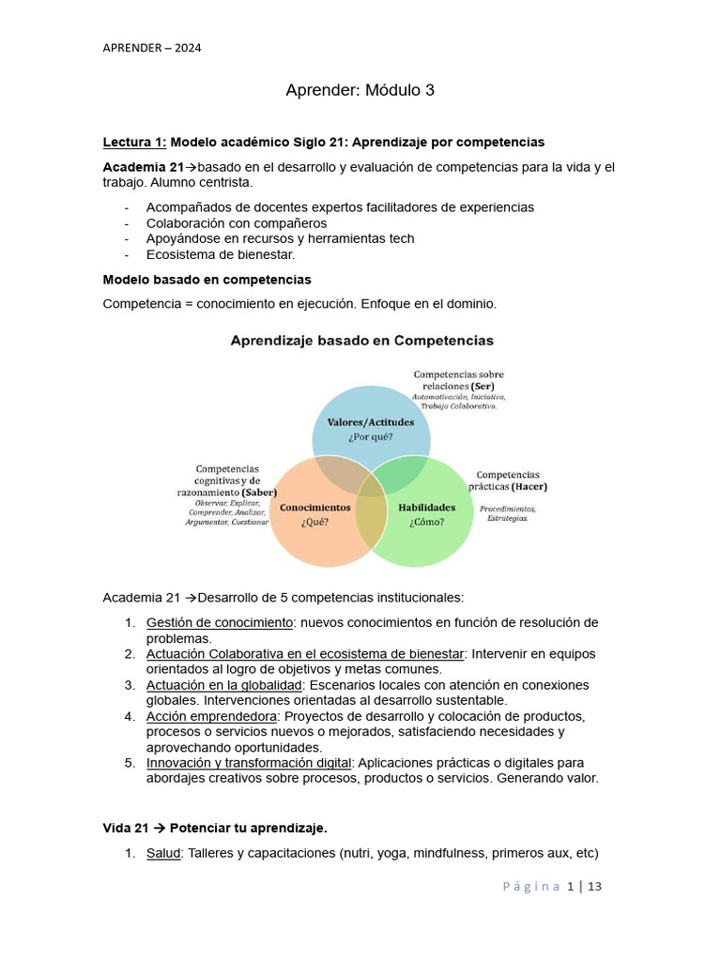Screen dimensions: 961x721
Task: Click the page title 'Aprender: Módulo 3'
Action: click(360, 91)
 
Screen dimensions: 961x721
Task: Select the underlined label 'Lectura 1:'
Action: click(134, 142)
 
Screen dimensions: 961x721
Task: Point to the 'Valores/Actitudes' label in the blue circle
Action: click(370, 422)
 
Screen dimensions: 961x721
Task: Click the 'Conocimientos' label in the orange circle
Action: click(315, 508)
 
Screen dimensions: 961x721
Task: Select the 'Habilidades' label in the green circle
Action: click(426, 508)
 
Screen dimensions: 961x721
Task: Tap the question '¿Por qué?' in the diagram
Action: click(370, 436)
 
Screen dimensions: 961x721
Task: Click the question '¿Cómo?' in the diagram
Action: click(426, 523)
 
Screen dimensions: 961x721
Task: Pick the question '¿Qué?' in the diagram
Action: click(314, 523)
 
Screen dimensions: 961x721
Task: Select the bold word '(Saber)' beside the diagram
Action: click(259, 492)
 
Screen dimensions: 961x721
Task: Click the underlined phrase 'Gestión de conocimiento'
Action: click(220, 623)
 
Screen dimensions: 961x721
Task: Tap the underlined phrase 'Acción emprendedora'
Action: click(210, 716)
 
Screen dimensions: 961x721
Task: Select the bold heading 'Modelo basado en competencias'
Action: click(207, 280)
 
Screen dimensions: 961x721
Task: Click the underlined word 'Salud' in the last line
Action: click(163, 854)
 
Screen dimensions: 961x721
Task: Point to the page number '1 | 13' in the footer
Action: click(584, 886)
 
